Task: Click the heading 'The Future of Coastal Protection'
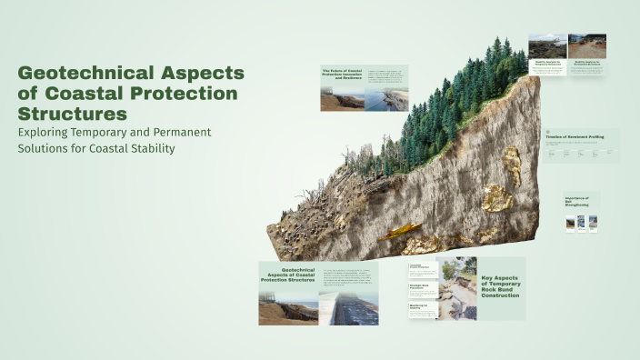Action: pos(342,73)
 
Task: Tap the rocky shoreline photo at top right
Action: pos(548,46)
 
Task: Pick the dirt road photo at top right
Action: pos(587,46)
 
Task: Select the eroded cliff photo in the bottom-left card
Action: pos(288,307)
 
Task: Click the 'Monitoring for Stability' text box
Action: pos(423,309)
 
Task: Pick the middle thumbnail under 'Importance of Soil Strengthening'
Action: pos(581,223)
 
